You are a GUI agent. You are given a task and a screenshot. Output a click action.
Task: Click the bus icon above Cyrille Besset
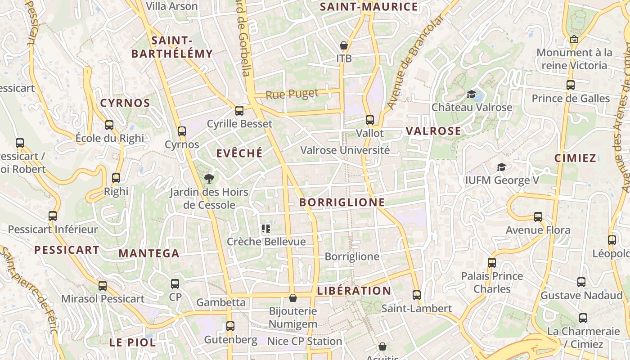(x=239, y=110)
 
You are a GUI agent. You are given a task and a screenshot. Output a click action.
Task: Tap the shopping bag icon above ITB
(x=344, y=45)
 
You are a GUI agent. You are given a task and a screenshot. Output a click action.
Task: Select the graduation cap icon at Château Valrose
(x=471, y=94)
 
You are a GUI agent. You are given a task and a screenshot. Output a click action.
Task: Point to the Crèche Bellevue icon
(x=266, y=229)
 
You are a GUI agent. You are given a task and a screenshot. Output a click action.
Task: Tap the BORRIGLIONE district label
(x=342, y=202)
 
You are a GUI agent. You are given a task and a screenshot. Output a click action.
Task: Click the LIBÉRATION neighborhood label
(x=354, y=291)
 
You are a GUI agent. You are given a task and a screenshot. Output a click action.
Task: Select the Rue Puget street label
(x=292, y=94)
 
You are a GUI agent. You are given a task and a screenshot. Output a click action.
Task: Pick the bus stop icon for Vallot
(x=370, y=120)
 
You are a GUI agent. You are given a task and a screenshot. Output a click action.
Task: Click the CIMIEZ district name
(x=575, y=158)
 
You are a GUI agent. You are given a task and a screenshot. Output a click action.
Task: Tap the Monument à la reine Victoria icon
(x=574, y=40)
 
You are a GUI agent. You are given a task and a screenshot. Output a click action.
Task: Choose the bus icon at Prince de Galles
(x=571, y=85)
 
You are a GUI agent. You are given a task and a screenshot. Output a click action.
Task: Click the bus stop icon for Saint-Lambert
(x=417, y=295)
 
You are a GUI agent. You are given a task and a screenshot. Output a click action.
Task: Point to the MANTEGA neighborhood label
(x=149, y=253)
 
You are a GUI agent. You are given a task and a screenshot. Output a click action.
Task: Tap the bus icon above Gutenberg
(x=230, y=326)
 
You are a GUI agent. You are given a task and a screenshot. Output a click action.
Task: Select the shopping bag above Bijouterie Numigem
(x=293, y=298)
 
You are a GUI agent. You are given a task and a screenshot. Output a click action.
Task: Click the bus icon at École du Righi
(x=109, y=125)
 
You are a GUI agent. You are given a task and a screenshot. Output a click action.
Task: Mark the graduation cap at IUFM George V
(x=501, y=167)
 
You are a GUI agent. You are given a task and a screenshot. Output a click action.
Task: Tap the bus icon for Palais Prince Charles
(x=492, y=262)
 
